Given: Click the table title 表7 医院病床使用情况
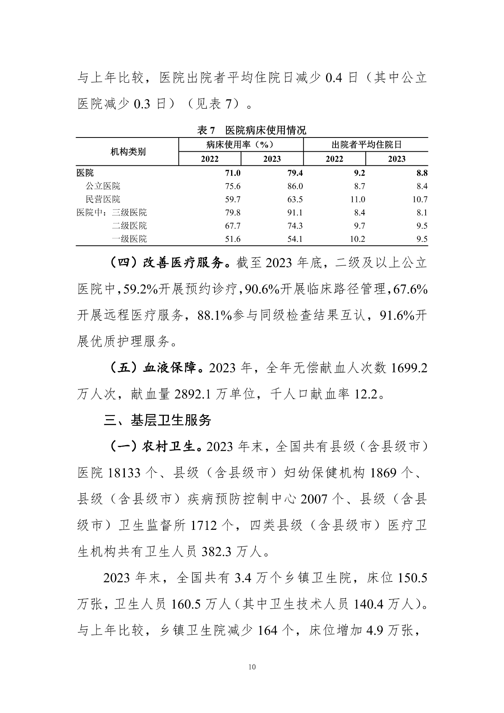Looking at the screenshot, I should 252,130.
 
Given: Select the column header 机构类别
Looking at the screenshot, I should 128,152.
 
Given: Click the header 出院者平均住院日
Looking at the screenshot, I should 366,145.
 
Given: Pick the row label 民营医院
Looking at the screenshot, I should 103,199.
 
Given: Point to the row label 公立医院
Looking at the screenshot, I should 103,186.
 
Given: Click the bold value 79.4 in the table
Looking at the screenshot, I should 295,173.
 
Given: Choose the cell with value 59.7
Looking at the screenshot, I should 233,199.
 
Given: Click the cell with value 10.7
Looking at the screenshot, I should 420,199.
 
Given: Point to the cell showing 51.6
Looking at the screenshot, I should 233,239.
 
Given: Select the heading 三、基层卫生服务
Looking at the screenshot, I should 157,420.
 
